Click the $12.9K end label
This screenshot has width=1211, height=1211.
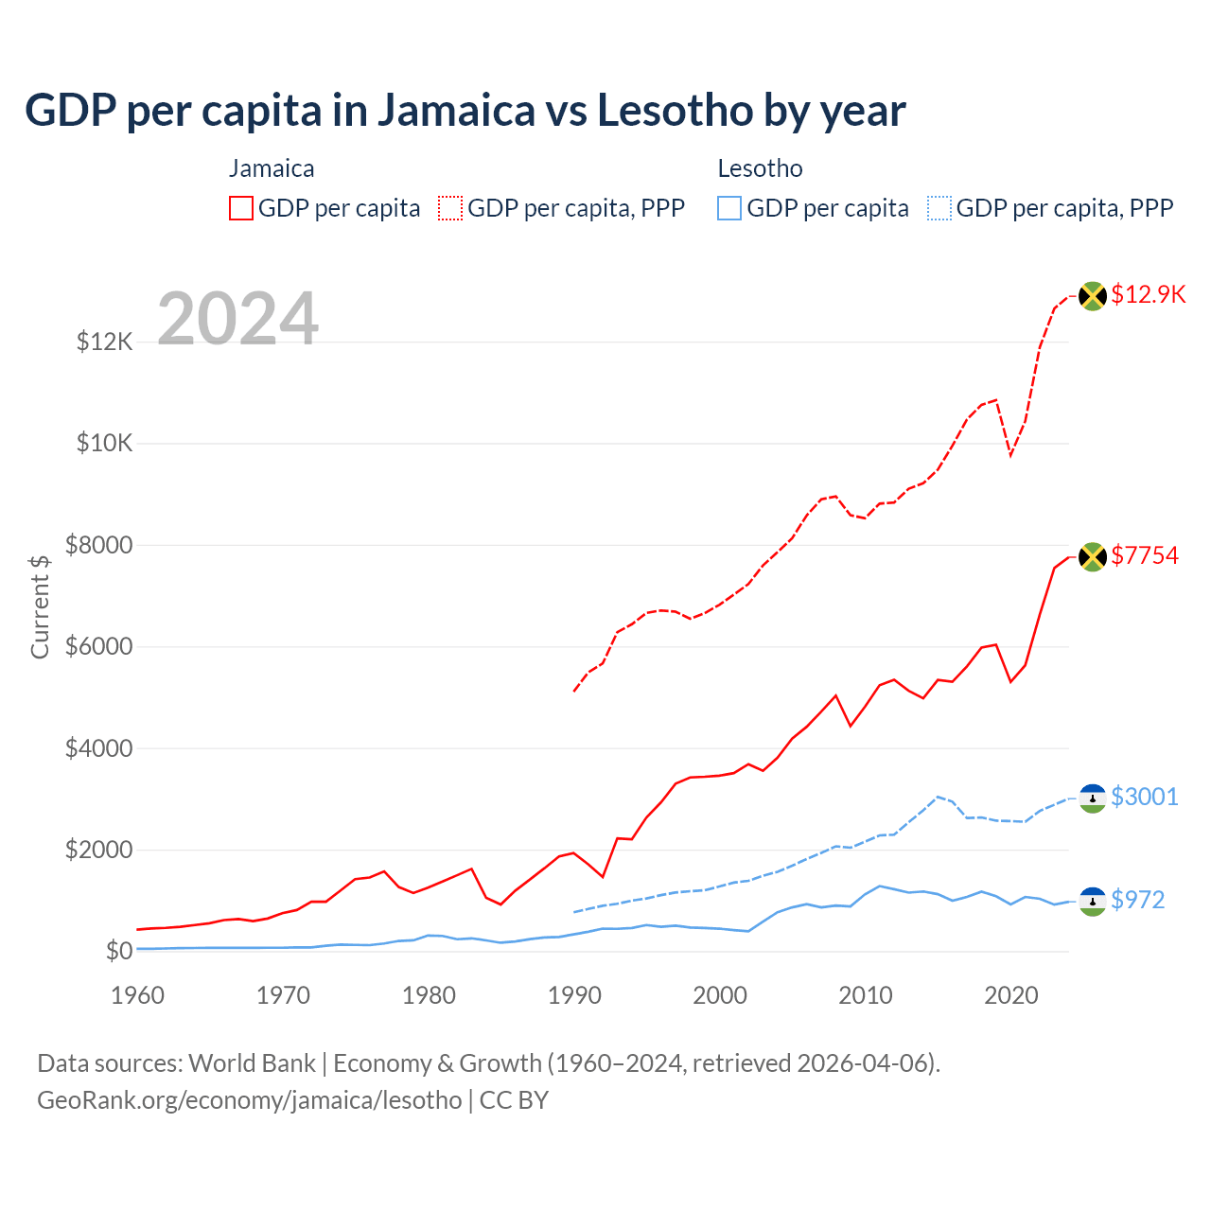(x=1148, y=294)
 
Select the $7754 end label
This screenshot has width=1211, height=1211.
(x=1145, y=555)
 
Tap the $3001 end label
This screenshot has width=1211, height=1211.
(x=1145, y=797)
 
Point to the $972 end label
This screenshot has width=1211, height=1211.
(x=1137, y=900)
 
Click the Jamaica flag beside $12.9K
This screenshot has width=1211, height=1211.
(x=1093, y=296)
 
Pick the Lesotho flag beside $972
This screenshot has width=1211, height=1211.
(x=1093, y=901)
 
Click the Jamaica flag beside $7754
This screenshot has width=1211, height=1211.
(x=1093, y=556)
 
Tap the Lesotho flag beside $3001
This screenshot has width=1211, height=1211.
(x=1093, y=799)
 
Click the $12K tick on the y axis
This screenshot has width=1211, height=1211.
(x=104, y=342)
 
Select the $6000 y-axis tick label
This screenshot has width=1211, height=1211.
(x=98, y=647)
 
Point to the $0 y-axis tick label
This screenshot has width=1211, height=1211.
(x=118, y=952)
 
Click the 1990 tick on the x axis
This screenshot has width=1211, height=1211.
(x=574, y=995)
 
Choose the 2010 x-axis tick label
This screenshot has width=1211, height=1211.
(x=866, y=995)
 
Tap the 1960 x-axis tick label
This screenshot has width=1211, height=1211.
(x=138, y=995)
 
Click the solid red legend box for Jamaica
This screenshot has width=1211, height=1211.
(x=241, y=208)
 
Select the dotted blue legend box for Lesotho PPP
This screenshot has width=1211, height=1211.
(x=939, y=208)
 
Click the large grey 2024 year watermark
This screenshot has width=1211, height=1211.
(x=237, y=319)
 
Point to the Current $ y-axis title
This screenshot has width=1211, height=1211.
(x=40, y=606)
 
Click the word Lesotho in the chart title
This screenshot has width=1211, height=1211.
(x=675, y=111)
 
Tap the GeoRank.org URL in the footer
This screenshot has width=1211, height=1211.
(x=250, y=1100)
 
